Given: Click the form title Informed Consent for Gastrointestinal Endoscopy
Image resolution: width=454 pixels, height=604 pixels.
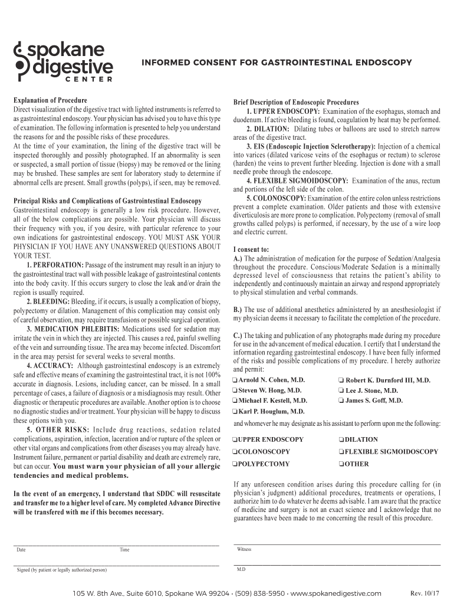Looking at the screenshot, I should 275,62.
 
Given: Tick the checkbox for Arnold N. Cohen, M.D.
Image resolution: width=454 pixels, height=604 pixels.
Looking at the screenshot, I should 235,380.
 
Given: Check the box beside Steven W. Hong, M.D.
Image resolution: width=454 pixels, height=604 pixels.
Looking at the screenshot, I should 235,390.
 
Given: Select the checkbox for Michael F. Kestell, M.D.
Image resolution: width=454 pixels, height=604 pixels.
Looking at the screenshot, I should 235,401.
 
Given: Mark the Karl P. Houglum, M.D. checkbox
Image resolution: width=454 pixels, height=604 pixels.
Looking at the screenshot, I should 235,411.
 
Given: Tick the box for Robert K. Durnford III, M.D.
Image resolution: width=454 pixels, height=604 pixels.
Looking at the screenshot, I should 341,380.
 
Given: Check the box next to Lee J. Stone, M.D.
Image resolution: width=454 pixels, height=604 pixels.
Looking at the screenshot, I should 341,390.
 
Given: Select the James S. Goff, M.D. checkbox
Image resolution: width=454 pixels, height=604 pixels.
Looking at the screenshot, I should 341,401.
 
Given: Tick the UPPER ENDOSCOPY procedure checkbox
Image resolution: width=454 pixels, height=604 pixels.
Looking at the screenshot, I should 235,439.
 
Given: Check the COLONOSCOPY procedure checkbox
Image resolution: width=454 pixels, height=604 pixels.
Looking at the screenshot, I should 235,452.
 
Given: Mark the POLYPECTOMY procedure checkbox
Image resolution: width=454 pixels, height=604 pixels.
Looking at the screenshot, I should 235,464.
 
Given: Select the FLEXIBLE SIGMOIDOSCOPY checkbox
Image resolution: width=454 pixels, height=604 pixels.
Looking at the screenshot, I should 341,452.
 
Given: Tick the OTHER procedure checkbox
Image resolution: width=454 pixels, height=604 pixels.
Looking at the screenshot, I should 341,464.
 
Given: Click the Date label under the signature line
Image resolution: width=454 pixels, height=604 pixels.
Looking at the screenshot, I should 21,550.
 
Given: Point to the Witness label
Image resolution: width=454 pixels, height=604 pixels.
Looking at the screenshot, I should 244,549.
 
